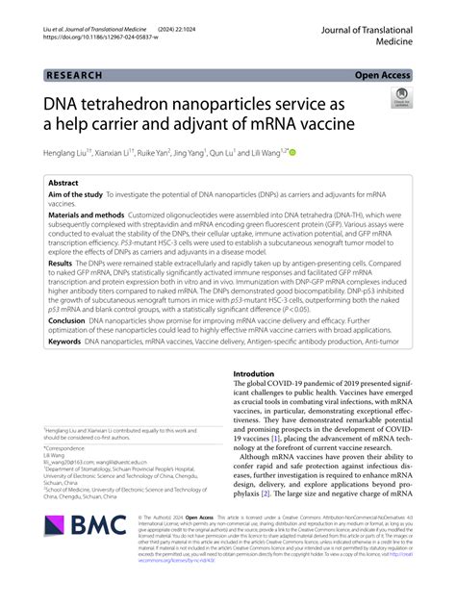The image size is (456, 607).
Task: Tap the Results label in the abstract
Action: (60, 262)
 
